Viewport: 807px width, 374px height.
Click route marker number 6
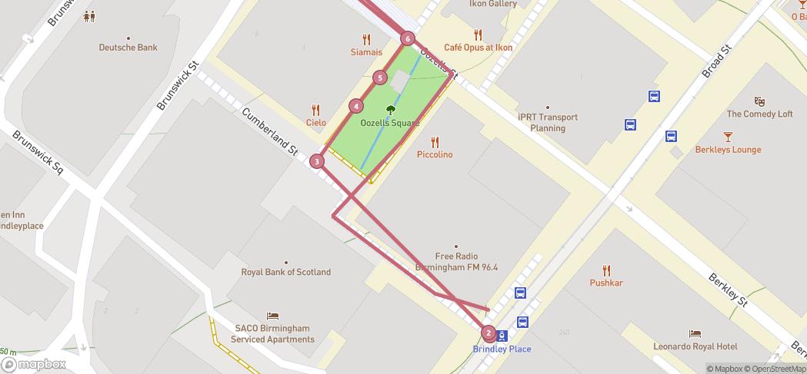tap(408, 38)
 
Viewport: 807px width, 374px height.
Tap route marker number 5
tap(380, 78)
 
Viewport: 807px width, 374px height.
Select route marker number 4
tap(355, 106)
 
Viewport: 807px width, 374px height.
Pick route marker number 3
tap(317, 161)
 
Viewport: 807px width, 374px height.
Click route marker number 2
tap(488, 333)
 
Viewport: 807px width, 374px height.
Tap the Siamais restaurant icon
tap(366, 38)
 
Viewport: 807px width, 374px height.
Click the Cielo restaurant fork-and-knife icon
tap(315, 110)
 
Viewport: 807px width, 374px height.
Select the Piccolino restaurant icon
tap(435, 141)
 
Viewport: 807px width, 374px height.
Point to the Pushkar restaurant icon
tap(606, 270)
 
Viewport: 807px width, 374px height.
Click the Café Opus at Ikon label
tap(478, 48)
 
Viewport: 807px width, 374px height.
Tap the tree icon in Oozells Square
tap(390, 110)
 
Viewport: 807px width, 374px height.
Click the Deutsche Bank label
tap(128, 48)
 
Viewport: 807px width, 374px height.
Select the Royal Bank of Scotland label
tap(286, 272)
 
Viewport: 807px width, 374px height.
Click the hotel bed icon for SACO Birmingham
tap(272, 316)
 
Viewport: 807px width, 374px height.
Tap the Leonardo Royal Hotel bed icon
tap(695, 334)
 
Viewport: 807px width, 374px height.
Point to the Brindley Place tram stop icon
tap(502, 336)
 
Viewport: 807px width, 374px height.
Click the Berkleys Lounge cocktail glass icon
tap(728, 136)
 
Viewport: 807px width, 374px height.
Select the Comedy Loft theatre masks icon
tap(759, 101)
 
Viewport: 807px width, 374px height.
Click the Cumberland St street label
tap(269, 133)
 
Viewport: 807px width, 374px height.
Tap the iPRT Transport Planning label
tap(548, 122)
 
